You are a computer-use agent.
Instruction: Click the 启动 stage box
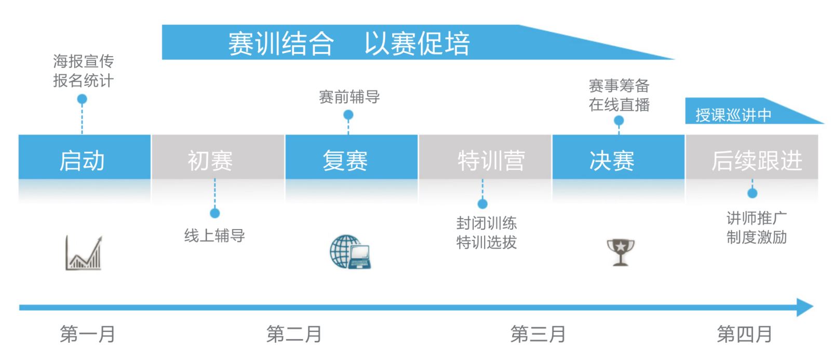pyautogui.click(x=85, y=157)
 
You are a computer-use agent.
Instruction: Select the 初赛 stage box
pyautogui.click(x=218, y=157)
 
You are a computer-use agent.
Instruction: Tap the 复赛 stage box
pyautogui.click(x=351, y=157)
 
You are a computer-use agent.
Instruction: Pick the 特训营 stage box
pyautogui.click(x=485, y=157)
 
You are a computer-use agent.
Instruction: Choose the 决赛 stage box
pyautogui.click(x=619, y=157)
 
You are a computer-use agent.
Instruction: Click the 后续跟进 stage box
pyautogui.click(x=752, y=157)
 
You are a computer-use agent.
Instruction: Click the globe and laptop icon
pyautogui.click(x=350, y=251)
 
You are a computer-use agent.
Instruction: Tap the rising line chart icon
pyautogui.click(x=84, y=253)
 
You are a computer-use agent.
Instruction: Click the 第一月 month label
pyautogui.click(x=88, y=334)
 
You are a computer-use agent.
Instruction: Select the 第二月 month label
pyautogui.click(x=294, y=334)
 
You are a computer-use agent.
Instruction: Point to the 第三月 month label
pyautogui.click(x=538, y=334)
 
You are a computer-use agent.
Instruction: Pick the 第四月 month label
pyautogui.click(x=744, y=334)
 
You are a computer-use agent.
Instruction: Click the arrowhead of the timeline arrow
pyautogui.click(x=805, y=308)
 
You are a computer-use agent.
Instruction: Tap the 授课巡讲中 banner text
pyautogui.click(x=733, y=115)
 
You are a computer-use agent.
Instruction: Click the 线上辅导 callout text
pyautogui.click(x=215, y=236)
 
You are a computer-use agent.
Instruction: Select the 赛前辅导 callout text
pyautogui.click(x=349, y=97)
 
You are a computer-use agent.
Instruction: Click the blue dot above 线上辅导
pyautogui.click(x=215, y=213)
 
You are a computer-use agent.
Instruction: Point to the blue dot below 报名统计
pyautogui.click(x=82, y=99)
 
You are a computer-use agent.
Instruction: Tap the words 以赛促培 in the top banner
pyautogui.click(x=417, y=44)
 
